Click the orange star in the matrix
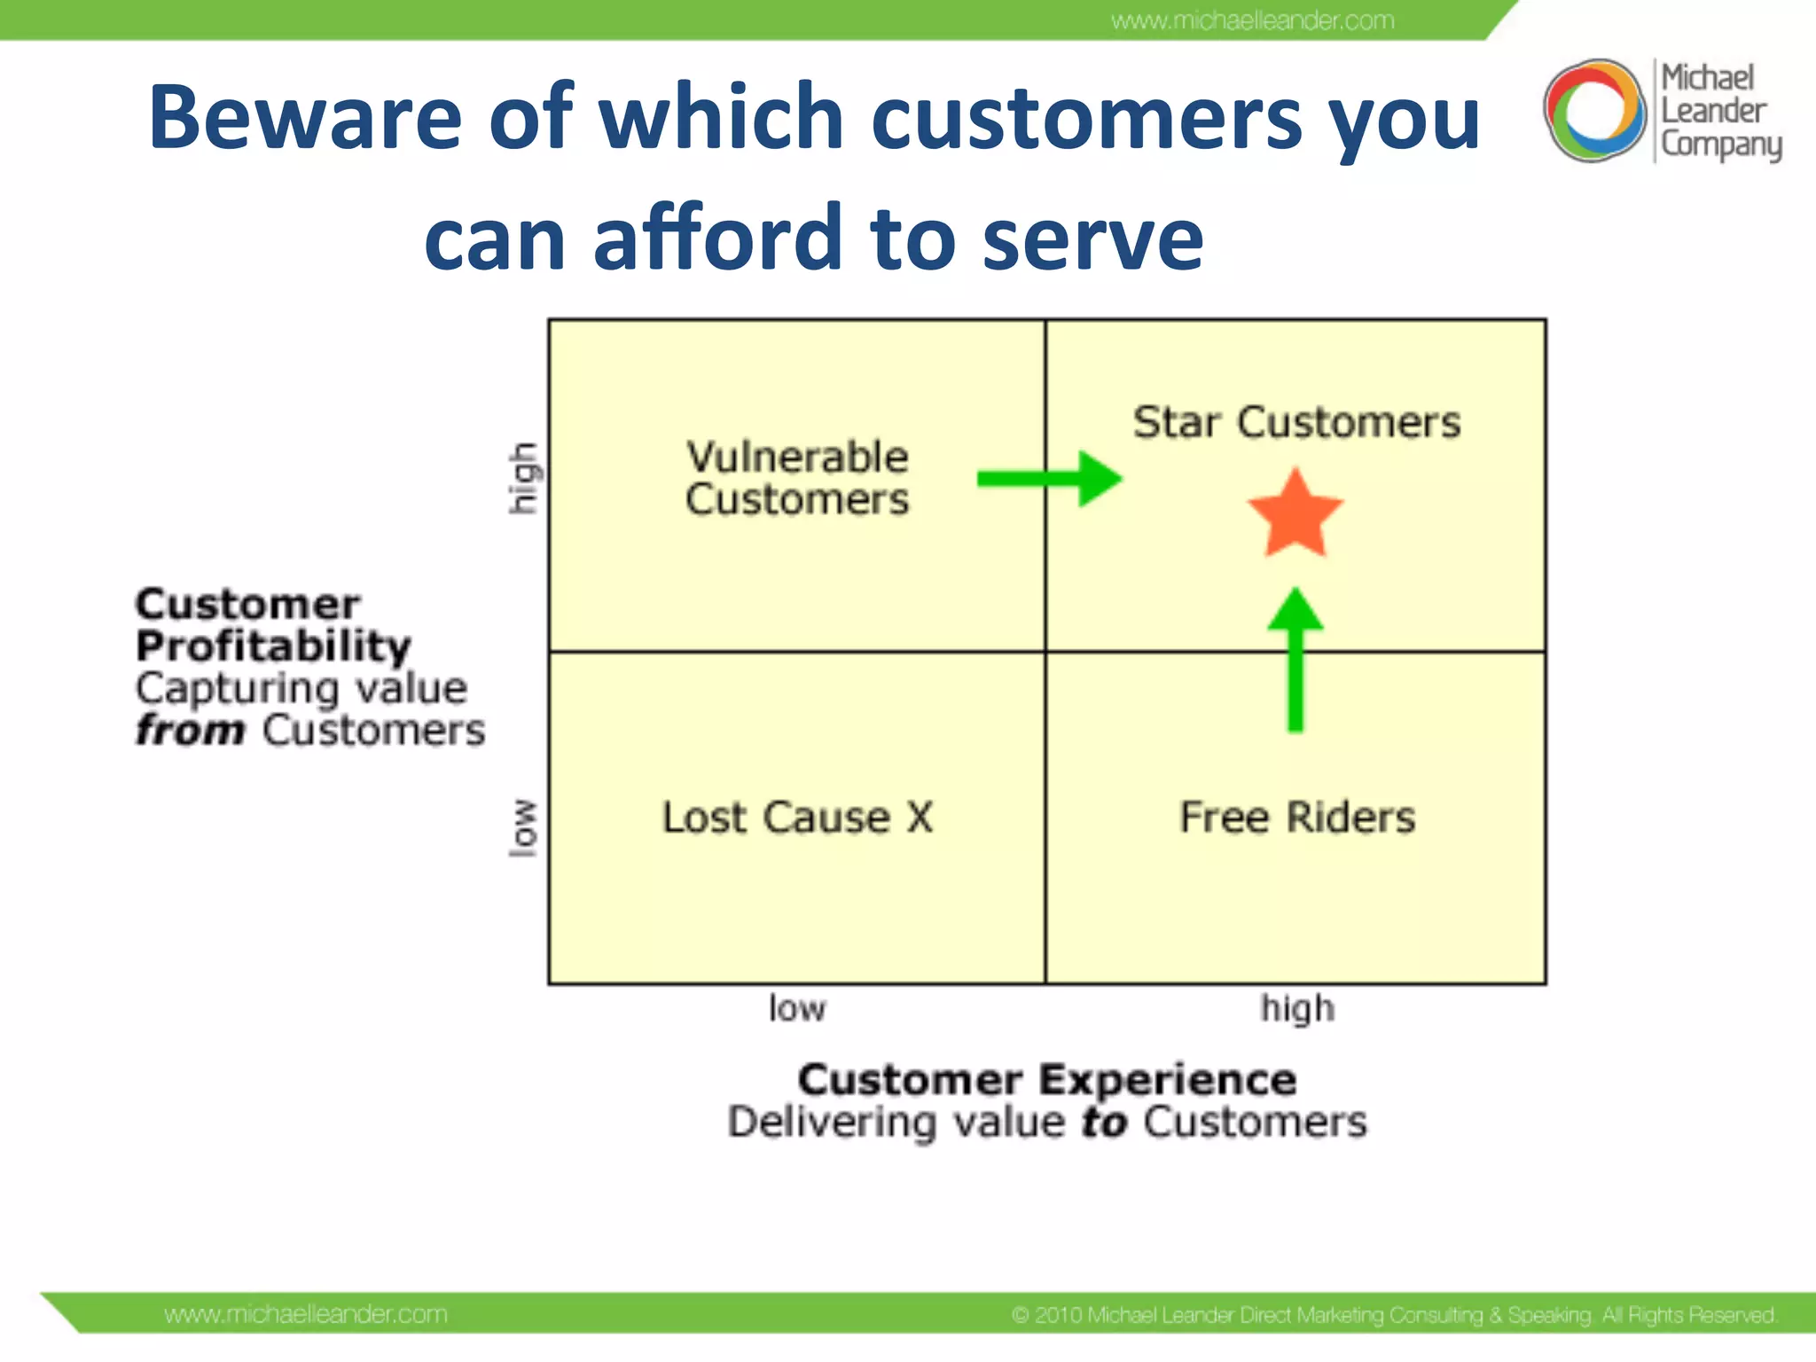pos(1295,515)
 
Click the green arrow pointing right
pos(1050,479)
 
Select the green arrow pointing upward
pos(1295,660)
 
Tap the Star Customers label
pos(1296,422)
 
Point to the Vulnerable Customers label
pos(797,478)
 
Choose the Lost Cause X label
pos(797,817)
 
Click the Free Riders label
pos(1297,817)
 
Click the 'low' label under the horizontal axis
pos(796,1009)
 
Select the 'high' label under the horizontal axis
pos(1297,1009)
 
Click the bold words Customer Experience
pos(1046,1079)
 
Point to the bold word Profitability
pos(273,646)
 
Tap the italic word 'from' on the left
pos(190,730)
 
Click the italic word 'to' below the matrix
pos(1104,1122)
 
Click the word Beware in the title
pos(305,117)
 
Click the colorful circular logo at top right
pos(1594,111)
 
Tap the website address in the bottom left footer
pos(306,1313)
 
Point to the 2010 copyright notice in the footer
pos(1393,1314)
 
